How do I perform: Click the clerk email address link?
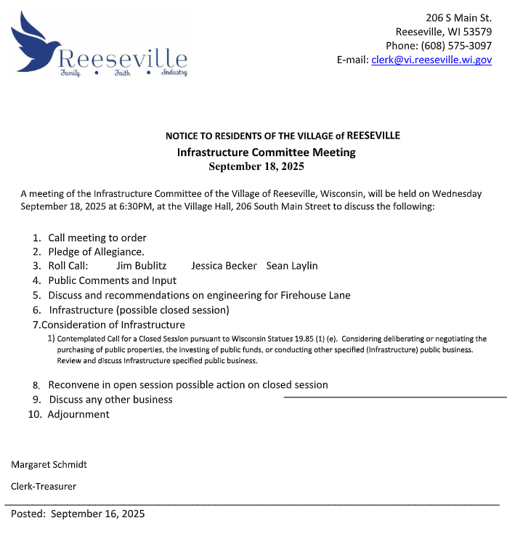(431, 60)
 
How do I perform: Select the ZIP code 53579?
(476, 31)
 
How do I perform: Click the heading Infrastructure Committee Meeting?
(266, 153)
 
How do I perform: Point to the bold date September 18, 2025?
(256, 166)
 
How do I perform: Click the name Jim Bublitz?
(141, 266)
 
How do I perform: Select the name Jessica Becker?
(224, 266)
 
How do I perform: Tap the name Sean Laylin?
(292, 266)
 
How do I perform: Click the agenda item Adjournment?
(78, 414)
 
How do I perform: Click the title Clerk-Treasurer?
(44, 486)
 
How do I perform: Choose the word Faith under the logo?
(121, 73)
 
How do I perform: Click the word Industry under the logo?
(174, 73)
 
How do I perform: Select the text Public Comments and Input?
(113, 280)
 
